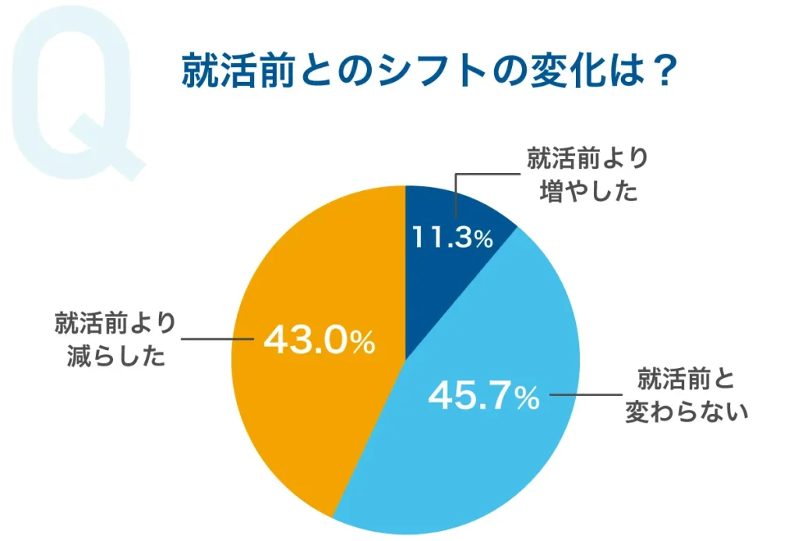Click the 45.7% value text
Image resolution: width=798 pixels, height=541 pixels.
(x=484, y=398)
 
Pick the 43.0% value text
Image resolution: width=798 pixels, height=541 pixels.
(x=320, y=341)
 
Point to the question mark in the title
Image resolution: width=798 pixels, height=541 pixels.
(x=661, y=74)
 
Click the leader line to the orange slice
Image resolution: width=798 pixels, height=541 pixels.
(x=218, y=340)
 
